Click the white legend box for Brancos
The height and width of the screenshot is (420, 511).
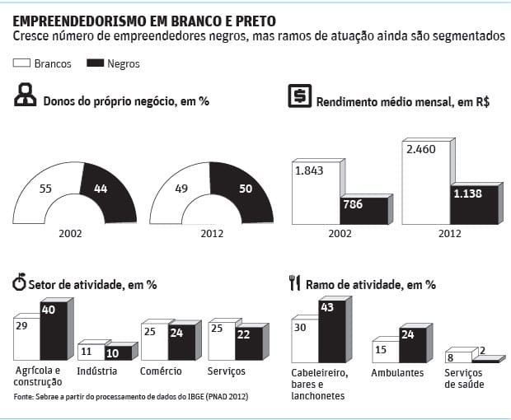click(22, 63)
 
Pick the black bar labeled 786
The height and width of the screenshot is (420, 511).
click(363, 210)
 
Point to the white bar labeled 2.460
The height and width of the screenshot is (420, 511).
click(426, 181)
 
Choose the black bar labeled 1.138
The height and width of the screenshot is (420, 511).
click(474, 203)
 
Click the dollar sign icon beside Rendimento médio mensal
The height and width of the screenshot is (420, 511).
click(298, 96)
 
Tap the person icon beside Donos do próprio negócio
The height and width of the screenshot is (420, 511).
click(26, 96)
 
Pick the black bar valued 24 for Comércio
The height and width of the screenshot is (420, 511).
click(181, 343)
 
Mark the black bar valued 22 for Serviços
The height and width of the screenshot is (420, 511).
click(248, 344)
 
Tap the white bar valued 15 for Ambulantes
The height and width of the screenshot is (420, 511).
click(385, 352)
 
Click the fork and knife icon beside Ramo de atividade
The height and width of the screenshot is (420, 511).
click(294, 283)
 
